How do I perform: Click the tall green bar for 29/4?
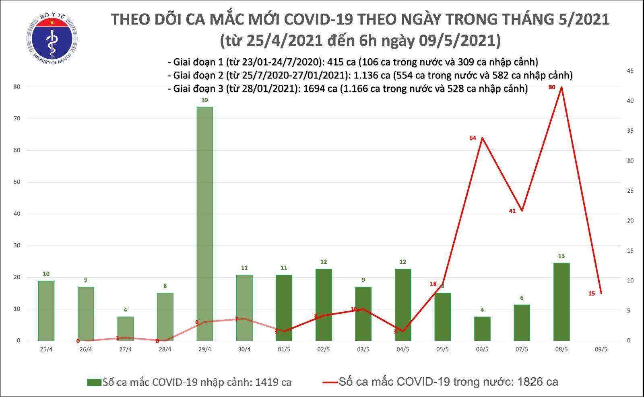tap(205, 224)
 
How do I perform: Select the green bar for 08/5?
tap(561, 302)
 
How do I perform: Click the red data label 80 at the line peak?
tap(552, 87)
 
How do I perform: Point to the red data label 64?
tap(473, 138)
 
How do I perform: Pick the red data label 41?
tap(512, 211)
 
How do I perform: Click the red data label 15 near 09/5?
tap(592, 294)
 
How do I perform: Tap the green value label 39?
tap(204, 101)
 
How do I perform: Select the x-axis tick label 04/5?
tap(402, 350)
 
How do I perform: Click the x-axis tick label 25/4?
tap(46, 350)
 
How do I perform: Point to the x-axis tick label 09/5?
tap(601, 350)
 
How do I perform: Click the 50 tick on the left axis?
tap(18, 182)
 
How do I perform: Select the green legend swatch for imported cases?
tap(94, 382)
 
